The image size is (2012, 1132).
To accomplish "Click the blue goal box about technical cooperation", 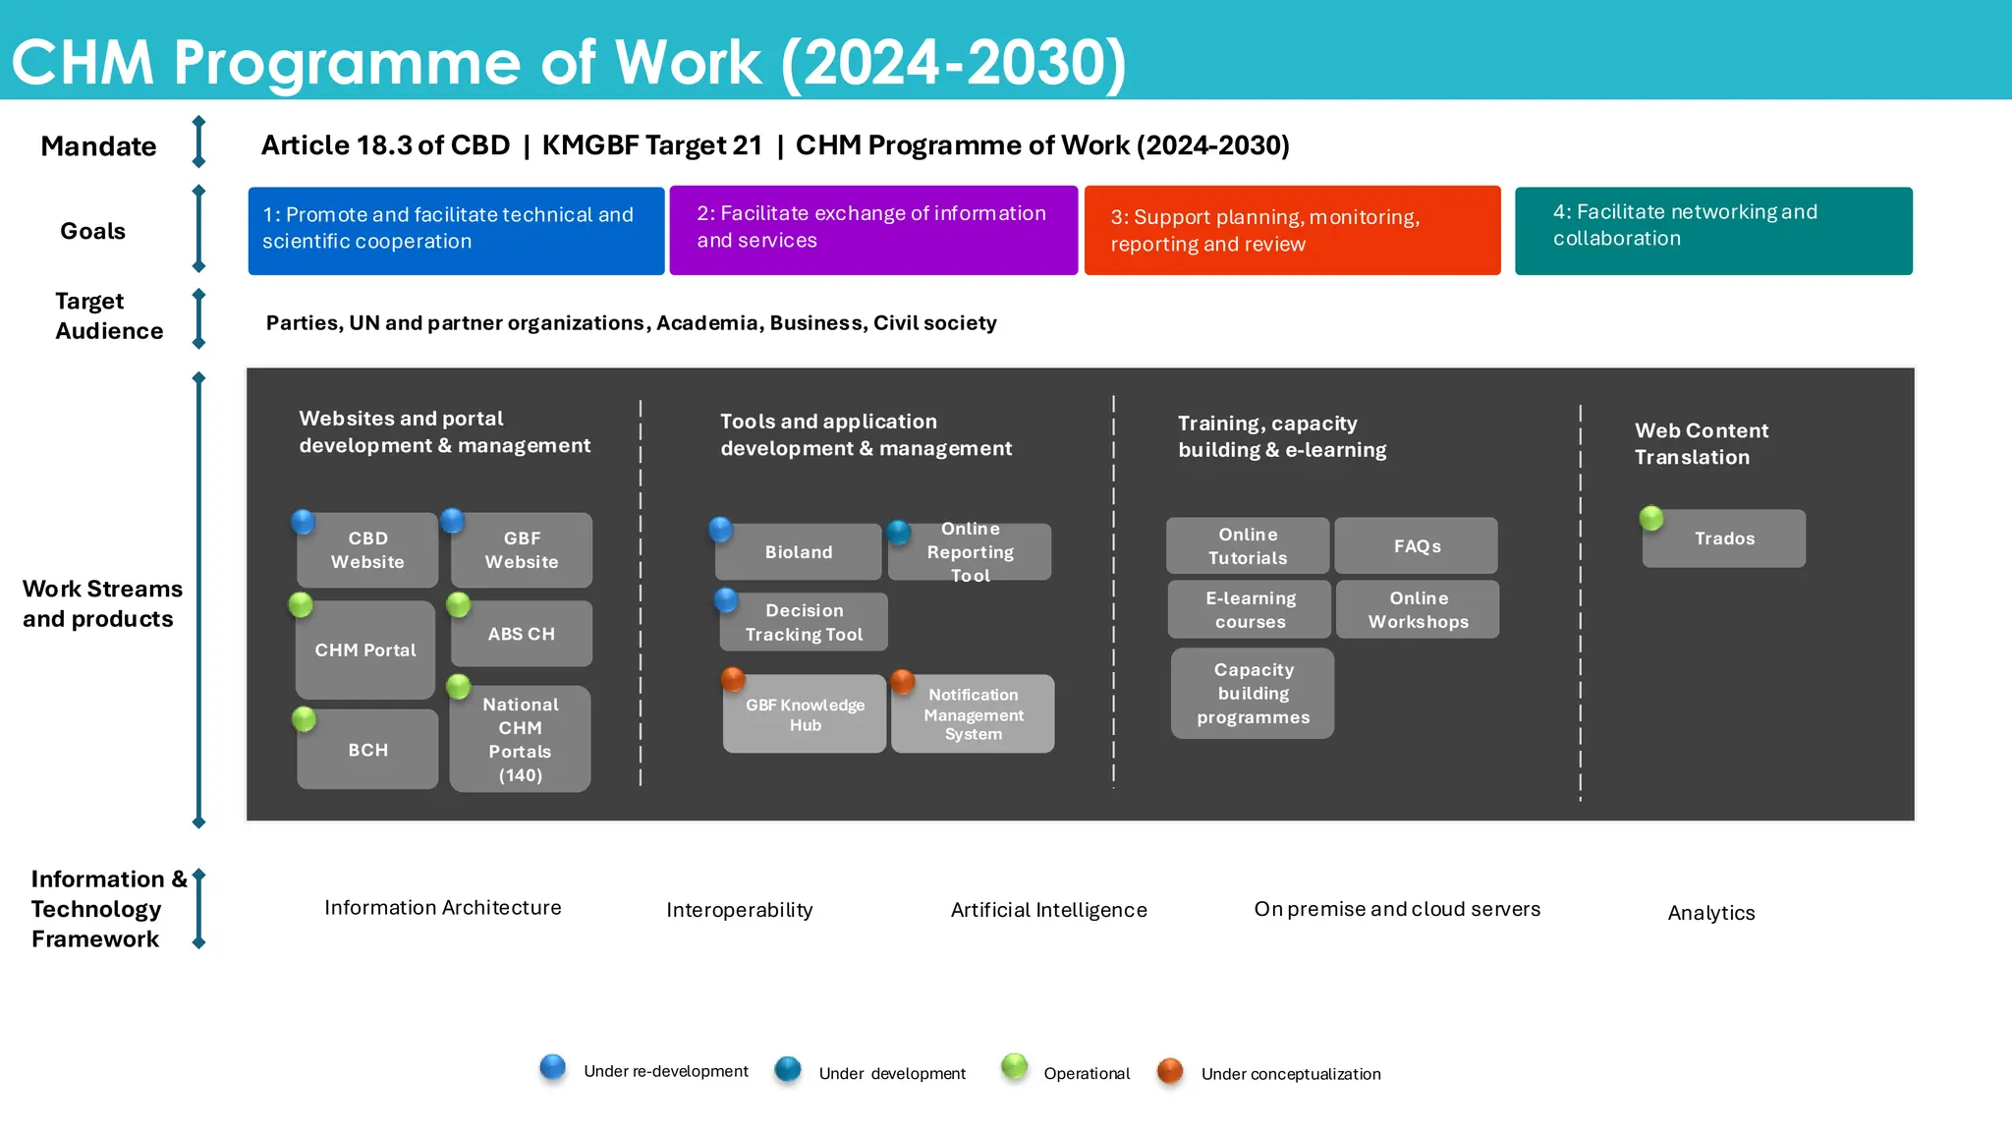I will [x=456, y=230].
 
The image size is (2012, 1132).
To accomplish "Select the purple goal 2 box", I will [x=873, y=230].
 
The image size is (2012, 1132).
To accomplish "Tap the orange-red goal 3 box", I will [x=1292, y=230].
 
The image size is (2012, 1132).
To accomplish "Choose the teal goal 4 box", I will [x=1713, y=230].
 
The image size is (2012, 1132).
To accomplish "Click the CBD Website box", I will [x=367, y=550].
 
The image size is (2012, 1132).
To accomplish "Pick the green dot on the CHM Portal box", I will [x=301, y=604].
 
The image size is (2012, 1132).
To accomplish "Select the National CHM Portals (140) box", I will [x=521, y=739].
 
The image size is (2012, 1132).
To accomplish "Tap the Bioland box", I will [x=799, y=552].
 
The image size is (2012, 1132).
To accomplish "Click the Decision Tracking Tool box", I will [x=804, y=622].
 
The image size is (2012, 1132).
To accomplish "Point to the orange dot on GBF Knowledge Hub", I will [x=733, y=679].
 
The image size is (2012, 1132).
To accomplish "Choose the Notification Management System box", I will [x=973, y=714].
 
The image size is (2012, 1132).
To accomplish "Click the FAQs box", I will [x=1417, y=546].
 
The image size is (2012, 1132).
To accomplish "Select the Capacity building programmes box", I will [x=1253, y=694].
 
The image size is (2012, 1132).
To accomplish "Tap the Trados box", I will [x=1724, y=538].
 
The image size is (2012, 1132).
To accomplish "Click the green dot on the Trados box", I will [x=1651, y=518].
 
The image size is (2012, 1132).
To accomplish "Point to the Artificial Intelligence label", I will [x=1048, y=910].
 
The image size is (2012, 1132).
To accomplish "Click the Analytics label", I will [x=1710, y=913].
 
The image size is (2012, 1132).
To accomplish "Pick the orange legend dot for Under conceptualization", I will [x=1169, y=1070].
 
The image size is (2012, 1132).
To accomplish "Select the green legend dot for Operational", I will [x=1014, y=1066].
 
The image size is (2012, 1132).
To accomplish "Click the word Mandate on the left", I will [x=98, y=146].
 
